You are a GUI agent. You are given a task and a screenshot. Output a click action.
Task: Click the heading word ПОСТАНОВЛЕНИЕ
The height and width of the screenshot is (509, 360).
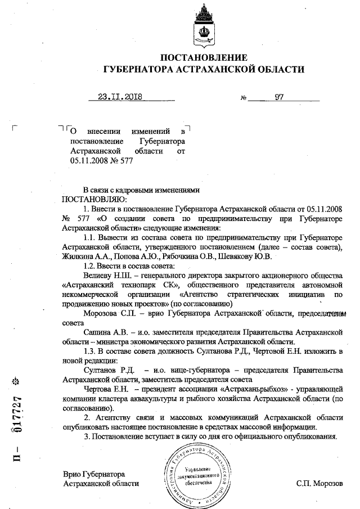coord(204,57)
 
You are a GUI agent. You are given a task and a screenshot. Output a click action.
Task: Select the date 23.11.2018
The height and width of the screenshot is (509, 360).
coord(119,97)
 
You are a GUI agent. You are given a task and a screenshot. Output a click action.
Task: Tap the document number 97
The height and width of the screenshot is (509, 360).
coord(279,97)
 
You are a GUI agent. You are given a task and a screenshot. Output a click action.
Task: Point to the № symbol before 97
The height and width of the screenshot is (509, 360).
coord(244,98)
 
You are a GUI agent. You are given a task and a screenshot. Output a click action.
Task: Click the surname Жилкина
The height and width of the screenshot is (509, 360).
coord(79,256)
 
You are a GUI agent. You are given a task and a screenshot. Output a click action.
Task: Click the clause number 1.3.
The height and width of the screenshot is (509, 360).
coord(90,352)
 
